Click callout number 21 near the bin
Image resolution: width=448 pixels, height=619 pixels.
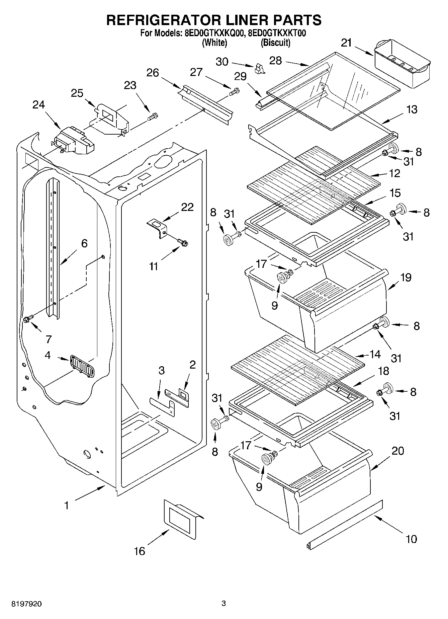(x=346, y=43)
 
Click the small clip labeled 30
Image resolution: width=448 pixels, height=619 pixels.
(x=259, y=69)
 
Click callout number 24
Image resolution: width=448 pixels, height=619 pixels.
(x=38, y=105)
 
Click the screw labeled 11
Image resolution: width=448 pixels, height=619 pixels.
(x=183, y=242)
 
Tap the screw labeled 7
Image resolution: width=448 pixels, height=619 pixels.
(x=28, y=319)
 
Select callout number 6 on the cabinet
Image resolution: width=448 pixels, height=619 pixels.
(x=84, y=243)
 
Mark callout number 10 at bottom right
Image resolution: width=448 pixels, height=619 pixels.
(x=411, y=539)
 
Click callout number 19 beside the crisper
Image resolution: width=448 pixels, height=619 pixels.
(x=406, y=278)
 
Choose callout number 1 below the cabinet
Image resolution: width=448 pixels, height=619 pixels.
(x=67, y=506)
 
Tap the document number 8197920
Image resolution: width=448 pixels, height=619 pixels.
(x=27, y=604)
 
